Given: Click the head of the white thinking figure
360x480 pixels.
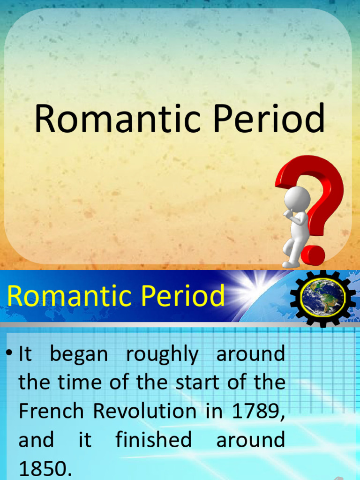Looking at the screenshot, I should (x=297, y=198).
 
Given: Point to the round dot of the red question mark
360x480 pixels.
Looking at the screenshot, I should (x=313, y=255).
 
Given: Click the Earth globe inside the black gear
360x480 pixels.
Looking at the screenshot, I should (x=322, y=298).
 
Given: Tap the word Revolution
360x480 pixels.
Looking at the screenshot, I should (x=144, y=411).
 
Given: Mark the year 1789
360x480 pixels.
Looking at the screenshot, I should (x=257, y=411).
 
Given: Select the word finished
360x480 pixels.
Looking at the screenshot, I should (x=153, y=440).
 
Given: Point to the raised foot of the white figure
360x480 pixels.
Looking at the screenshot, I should (x=290, y=264).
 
